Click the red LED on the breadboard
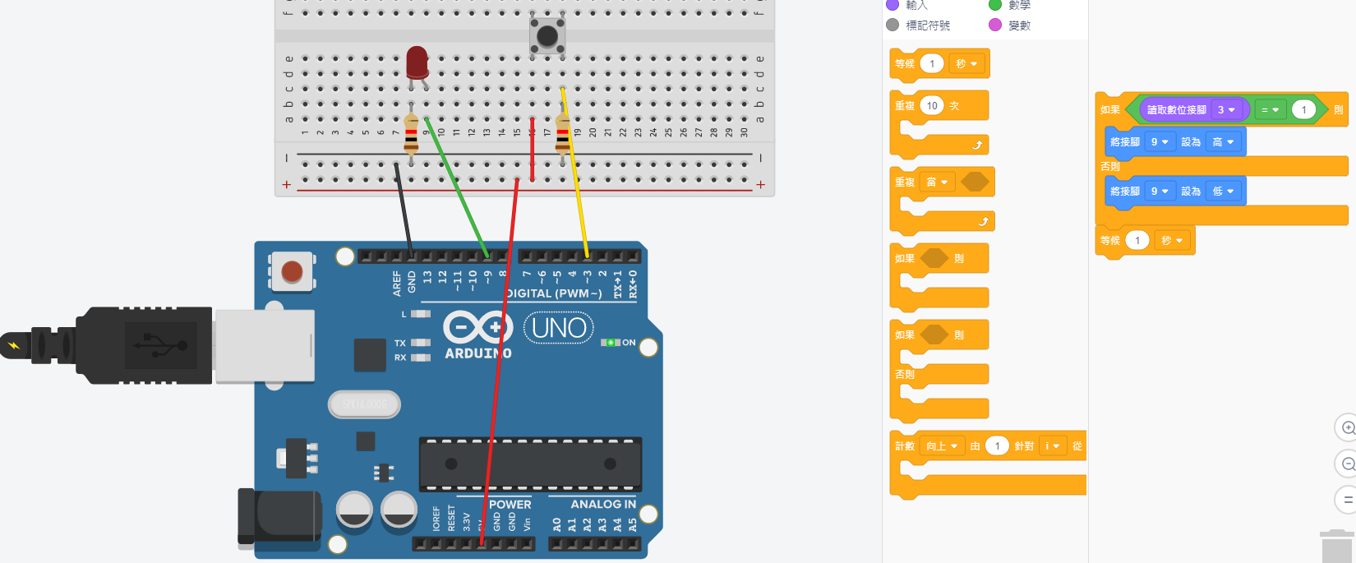[417, 62]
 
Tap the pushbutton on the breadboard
[547, 36]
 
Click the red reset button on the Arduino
[292, 271]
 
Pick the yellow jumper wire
[574, 173]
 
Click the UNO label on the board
[559, 328]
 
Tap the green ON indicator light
[610, 343]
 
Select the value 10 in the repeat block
[932, 106]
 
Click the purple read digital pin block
[1176, 110]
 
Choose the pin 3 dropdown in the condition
[1226, 110]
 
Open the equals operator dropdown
[1270, 110]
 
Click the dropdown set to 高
[1223, 142]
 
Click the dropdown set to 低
[1223, 192]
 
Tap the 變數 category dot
[995, 25]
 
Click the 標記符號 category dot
[892, 25]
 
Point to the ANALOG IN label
[602, 505]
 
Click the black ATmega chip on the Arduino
[530, 464]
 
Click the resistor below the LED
[411, 136]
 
